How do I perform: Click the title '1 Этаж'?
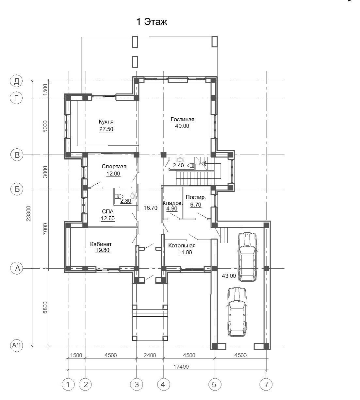(152, 22)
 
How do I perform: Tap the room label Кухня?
(106, 122)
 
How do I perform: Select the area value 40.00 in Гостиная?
(182, 126)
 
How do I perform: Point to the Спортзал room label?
(114, 166)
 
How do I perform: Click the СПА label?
(108, 211)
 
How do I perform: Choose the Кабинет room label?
(101, 244)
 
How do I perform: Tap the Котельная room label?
(182, 245)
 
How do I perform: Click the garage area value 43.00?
(229, 276)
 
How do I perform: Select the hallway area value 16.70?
(151, 208)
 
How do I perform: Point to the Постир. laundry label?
(196, 197)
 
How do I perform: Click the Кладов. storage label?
(172, 203)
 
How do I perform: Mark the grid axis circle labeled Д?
(16, 81)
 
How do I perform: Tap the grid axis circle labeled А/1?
(17, 345)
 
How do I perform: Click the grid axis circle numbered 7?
(266, 384)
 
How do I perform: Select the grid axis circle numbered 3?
(137, 384)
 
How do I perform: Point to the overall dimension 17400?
(181, 366)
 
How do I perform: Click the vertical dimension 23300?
(28, 213)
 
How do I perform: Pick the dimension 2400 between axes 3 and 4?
(150, 355)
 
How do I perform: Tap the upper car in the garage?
(247, 257)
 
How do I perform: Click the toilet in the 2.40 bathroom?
(191, 165)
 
